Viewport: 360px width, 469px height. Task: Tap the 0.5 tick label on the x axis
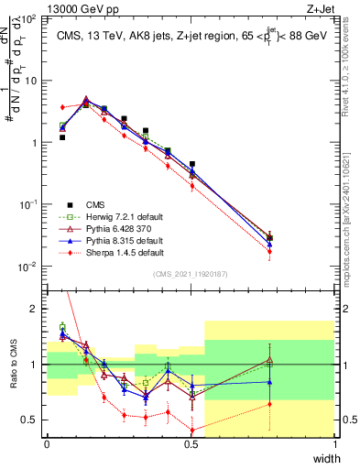(x=191, y=443)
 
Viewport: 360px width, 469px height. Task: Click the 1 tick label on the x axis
(x=334, y=443)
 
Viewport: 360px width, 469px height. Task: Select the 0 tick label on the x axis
(x=47, y=443)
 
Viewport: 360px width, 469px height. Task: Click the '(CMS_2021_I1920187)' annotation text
(x=190, y=273)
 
